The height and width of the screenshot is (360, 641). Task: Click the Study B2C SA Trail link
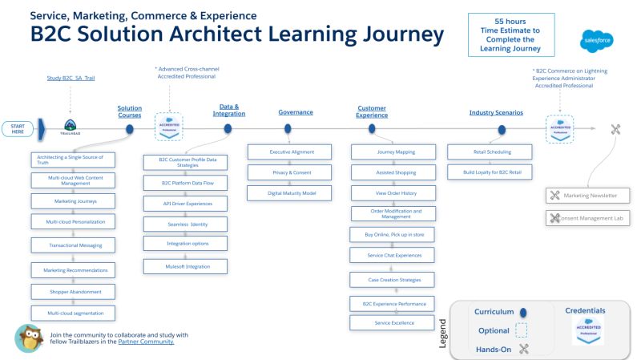71,78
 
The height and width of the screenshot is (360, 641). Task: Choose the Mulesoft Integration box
185,265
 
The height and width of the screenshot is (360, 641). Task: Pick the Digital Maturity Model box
287,192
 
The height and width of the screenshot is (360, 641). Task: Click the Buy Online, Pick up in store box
393,234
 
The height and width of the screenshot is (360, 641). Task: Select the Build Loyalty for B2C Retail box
488,172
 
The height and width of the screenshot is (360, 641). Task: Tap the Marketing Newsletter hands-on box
588,196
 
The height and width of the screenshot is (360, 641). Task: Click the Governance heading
296,112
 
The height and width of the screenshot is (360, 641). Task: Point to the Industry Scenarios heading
496,112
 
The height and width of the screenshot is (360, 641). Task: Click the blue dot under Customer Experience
373,129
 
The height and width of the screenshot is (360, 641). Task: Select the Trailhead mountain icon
71,126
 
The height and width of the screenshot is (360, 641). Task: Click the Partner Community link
146,342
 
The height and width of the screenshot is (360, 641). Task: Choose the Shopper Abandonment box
74,291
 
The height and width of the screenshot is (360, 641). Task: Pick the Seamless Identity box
185,224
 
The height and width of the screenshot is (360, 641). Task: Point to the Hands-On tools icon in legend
525,348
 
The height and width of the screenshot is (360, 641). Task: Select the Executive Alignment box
287,152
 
